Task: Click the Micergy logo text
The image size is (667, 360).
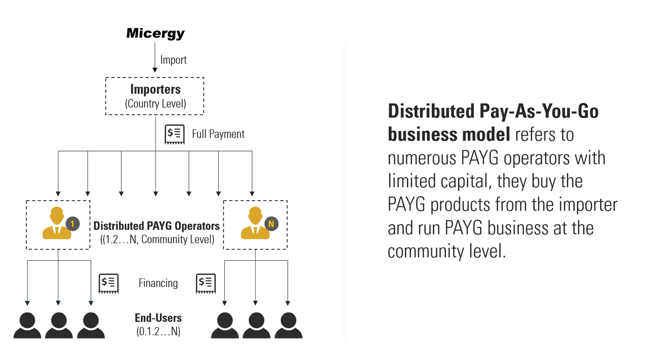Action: point(155,33)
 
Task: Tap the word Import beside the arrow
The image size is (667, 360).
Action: point(173,60)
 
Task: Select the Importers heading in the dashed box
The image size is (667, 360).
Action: point(155,89)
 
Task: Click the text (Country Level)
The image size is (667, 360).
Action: point(155,103)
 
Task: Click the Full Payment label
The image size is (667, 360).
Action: point(218,134)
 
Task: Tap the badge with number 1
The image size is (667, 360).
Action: point(73,224)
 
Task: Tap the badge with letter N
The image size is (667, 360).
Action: point(271,224)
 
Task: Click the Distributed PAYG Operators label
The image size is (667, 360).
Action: point(156,226)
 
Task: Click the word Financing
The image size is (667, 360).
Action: point(158,283)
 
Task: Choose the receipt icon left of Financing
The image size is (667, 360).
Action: point(108,283)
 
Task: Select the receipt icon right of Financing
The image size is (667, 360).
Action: point(206,283)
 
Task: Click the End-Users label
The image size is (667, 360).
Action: point(158,318)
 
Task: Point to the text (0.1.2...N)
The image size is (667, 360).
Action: point(158,332)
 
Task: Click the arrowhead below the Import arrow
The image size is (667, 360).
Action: point(155,70)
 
